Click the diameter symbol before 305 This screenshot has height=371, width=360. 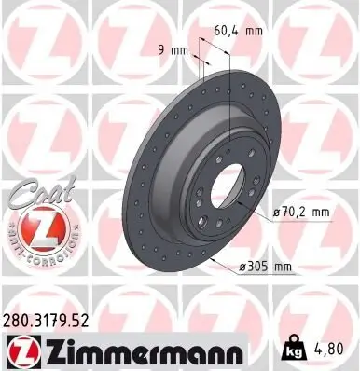[x=243, y=268]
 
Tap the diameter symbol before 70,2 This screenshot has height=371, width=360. [x=277, y=213]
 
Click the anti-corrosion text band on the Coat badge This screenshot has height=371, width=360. [x=35, y=251]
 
